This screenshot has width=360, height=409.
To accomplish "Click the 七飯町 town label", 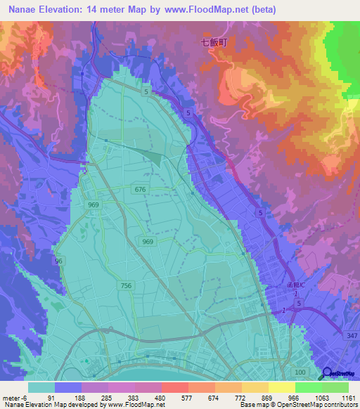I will pyautogui.click(x=215, y=42).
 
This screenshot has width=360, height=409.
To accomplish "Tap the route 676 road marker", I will pyautogui.click(x=141, y=189).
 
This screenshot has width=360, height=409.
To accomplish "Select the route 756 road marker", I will pyautogui.click(x=126, y=285).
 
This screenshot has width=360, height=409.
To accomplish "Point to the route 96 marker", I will pyautogui.click(x=59, y=261).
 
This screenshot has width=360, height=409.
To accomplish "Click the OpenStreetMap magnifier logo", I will pyautogui.click(x=328, y=374).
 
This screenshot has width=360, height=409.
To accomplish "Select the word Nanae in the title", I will pyautogui.click(x=27, y=10).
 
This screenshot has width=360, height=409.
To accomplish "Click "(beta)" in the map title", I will pyautogui.click(x=256, y=10).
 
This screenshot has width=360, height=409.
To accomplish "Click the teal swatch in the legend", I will pyautogui.click(x=41, y=387).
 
